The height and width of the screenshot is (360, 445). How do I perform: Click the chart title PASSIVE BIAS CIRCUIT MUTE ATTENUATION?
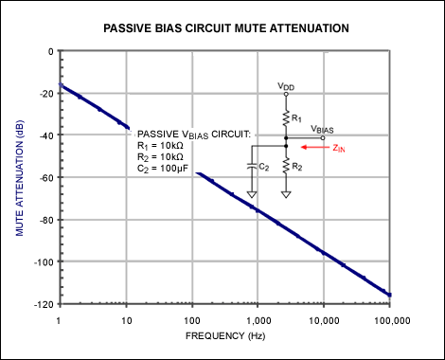pyautogui.click(x=224, y=29)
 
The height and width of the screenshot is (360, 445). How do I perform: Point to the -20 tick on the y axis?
pyautogui.click(x=43, y=93)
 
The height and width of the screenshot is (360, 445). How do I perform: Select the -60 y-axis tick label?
pyautogui.click(x=43, y=177)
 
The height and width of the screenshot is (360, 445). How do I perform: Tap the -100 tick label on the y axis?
pyautogui.click(x=41, y=261)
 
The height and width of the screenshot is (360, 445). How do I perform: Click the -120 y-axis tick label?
pyautogui.click(x=41, y=303)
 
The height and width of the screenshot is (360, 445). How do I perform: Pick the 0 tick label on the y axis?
pyautogui.click(x=48, y=51)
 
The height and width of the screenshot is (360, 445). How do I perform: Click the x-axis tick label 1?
pyautogui.click(x=60, y=317)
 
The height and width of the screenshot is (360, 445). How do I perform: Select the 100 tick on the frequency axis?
pyautogui.click(x=191, y=317)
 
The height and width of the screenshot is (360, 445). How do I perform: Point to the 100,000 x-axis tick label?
pyautogui.click(x=387, y=317)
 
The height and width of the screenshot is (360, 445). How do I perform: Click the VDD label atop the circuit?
pyautogui.click(x=285, y=86)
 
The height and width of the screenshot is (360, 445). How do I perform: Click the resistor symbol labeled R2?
pyautogui.click(x=286, y=166)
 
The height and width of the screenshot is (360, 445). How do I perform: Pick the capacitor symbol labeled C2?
pyautogui.click(x=251, y=167)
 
